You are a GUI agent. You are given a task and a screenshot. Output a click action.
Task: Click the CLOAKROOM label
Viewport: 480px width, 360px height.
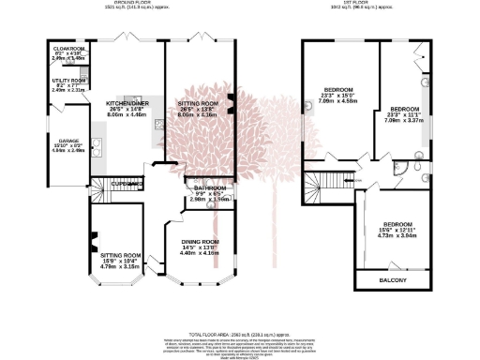(69, 47)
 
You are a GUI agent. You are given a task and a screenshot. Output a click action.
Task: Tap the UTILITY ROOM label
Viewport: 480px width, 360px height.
(69, 81)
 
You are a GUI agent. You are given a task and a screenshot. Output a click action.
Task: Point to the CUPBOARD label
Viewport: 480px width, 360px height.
(124, 182)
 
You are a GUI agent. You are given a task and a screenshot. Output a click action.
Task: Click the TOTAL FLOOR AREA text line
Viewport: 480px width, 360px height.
(240, 334)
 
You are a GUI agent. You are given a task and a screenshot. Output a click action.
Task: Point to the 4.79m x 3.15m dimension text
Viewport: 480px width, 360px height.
(119, 266)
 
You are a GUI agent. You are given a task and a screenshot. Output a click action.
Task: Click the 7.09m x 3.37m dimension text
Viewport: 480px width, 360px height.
(409, 120)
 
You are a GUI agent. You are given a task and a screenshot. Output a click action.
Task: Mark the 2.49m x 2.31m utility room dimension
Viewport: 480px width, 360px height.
(69, 91)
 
